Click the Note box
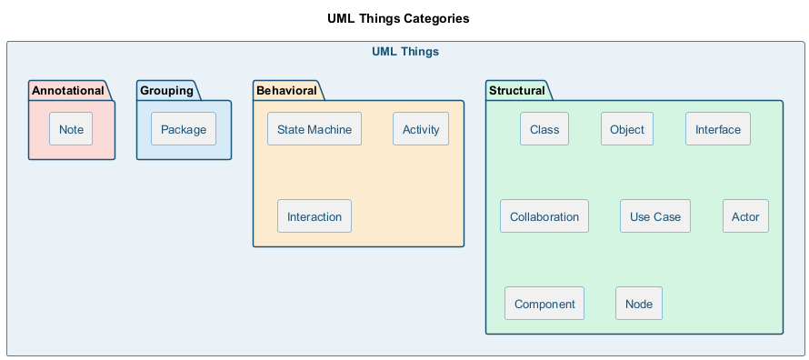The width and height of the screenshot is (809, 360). (71, 129)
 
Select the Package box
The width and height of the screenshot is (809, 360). (184, 129)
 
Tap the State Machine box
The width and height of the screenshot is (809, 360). (315, 129)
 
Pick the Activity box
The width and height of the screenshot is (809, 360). (421, 129)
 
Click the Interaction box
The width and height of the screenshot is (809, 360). (315, 216)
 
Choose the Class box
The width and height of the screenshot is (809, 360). (544, 129)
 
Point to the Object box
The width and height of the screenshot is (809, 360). (627, 129)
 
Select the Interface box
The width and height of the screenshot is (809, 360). (718, 129)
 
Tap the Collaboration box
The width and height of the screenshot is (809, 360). (544, 216)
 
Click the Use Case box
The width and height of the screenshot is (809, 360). (655, 216)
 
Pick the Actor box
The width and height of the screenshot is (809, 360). (745, 216)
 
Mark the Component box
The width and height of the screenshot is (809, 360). (544, 304)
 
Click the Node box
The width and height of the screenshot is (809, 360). (639, 304)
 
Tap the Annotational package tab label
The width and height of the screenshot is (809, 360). (68, 91)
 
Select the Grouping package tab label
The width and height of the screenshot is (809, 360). (166, 91)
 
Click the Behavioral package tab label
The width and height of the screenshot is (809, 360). (286, 91)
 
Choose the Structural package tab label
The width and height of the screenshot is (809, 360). (517, 91)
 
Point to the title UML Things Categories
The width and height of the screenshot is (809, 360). (398, 19)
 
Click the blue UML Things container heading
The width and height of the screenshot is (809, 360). (405, 52)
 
